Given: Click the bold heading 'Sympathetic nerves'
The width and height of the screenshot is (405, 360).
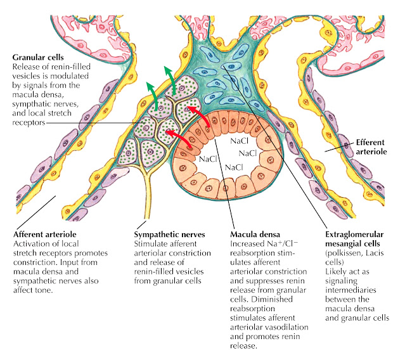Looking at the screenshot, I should [x=169, y=234].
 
